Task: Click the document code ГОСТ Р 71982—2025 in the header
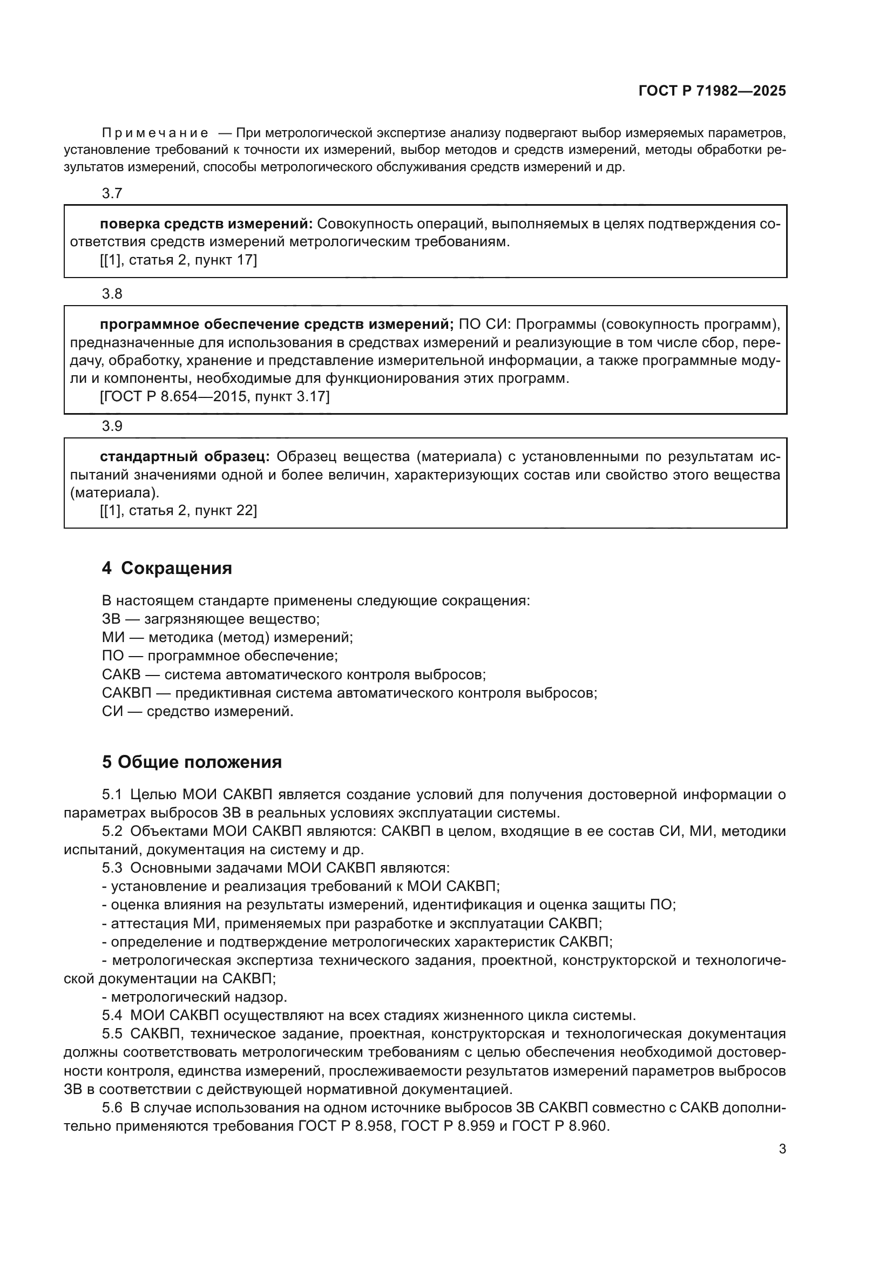point(712,91)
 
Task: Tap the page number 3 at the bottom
point(782,1149)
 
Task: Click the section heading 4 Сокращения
point(167,568)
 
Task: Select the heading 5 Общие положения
point(191,762)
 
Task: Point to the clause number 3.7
point(112,193)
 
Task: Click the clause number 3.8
point(112,294)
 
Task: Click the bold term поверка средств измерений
point(206,224)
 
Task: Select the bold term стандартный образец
point(184,457)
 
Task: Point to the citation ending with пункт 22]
point(178,510)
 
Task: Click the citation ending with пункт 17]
point(178,260)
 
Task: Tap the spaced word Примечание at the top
point(155,133)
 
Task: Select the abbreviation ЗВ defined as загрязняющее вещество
point(111,619)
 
